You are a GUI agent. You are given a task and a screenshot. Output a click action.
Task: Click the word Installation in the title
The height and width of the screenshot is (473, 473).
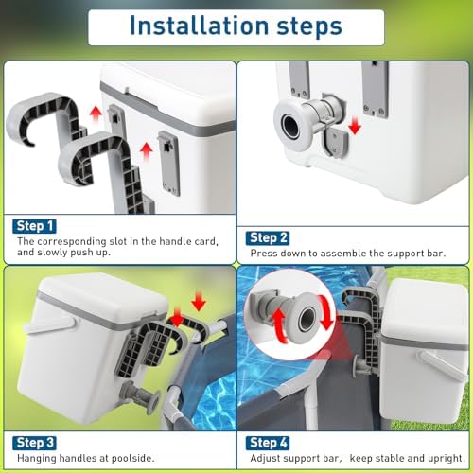coord(199,26)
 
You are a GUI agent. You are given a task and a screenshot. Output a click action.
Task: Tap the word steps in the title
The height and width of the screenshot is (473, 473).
coord(309,27)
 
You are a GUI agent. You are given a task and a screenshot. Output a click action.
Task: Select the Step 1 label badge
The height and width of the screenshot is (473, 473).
coord(34,226)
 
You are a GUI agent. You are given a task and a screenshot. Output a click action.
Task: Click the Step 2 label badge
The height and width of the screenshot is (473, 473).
coord(268,238)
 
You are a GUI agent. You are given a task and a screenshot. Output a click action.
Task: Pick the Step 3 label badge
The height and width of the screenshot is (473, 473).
coord(34,443)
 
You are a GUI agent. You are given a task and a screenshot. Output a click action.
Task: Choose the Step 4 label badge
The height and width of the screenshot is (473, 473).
coord(268,443)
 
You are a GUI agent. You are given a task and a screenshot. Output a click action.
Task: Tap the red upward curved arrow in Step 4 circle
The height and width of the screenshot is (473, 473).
coord(280,325)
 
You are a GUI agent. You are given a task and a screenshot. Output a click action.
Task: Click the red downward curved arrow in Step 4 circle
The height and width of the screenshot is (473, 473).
coord(326,313)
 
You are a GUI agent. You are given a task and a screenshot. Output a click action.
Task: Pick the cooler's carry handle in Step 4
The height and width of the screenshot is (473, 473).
coord(442,363)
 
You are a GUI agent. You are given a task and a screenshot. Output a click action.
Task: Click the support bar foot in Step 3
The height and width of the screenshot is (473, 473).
coord(154,401)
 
